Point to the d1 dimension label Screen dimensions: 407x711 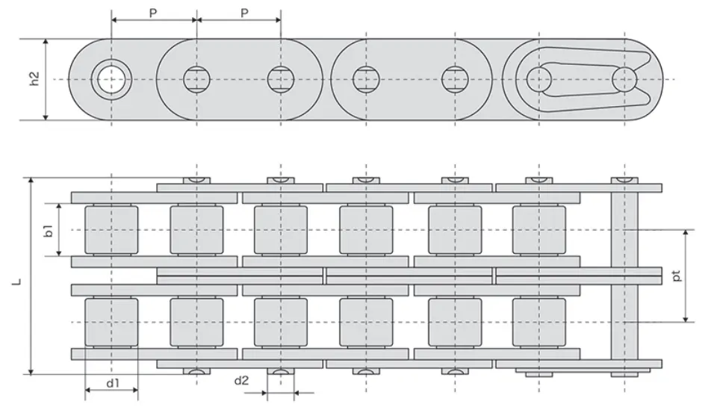[112, 383]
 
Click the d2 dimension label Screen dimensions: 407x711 [241, 380]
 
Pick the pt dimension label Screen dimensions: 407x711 [676, 276]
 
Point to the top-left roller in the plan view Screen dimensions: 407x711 [111, 229]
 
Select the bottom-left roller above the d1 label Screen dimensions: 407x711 [111, 322]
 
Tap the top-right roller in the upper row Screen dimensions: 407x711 [539, 229]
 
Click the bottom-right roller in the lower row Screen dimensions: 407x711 [539, 322]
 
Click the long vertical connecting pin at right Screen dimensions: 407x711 [625, 276]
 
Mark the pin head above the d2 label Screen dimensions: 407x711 [281, 371]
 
